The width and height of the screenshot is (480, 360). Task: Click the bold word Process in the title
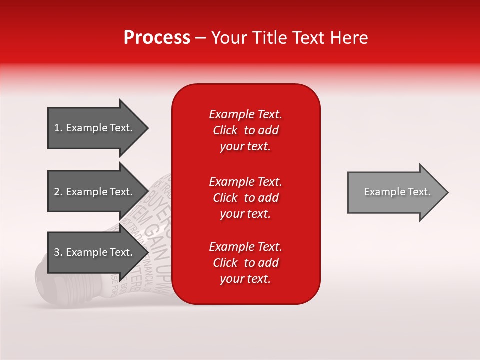[x=157, y=38]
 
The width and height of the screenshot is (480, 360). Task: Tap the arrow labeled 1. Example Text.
[x=95, y=128]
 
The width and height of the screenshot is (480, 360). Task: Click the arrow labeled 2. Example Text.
[x=95, y=192]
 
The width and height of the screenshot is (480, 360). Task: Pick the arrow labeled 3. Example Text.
[x=95, y=252]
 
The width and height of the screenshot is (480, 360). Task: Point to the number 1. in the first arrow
[x=58, y=128]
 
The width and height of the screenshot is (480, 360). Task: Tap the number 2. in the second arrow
[x=58, y=192]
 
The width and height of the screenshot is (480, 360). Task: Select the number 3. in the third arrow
[x=58, y=252]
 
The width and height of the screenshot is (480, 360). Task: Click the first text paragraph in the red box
[x=245, y=130]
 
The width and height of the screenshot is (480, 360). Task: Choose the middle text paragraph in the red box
[x=245, y=198]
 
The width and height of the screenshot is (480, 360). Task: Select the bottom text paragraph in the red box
[x=245, y=263]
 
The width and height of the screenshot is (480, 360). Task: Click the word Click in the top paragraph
[x=225, y=130]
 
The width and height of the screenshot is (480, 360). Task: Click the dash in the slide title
[x=201, y=38]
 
